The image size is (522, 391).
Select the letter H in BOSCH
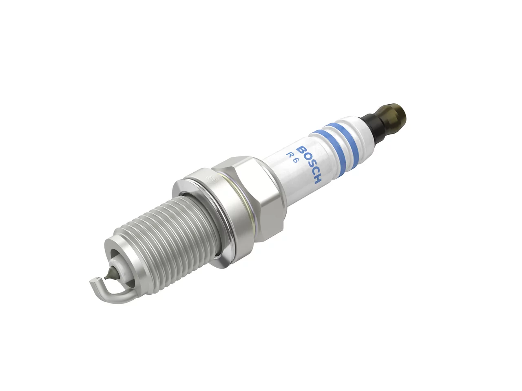pyautogui.click(x=317, y=180)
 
